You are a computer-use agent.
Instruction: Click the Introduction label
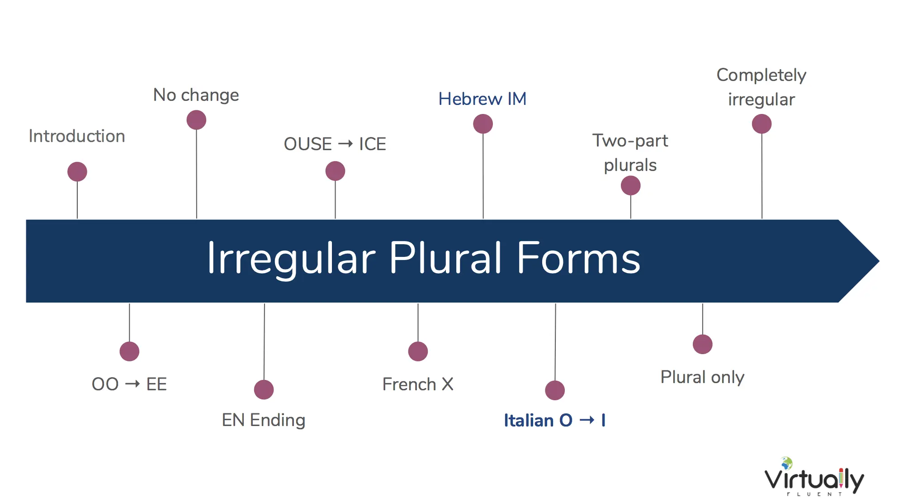pos(77,136)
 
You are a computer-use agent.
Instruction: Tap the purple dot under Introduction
pos(77,172)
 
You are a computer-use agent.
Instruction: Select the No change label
pos(196,95)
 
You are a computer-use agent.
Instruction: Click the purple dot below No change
pos(196,120)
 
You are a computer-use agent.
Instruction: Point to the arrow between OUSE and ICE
pos(345,144)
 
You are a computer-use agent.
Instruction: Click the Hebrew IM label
pos(483,99)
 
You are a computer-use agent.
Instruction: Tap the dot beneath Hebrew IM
pos(483,124)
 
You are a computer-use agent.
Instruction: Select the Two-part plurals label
pos(630,153)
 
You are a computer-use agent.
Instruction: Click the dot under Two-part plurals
pos(631,186)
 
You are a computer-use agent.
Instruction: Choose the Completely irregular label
pos(762,87)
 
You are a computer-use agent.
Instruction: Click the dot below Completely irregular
pos(762,124)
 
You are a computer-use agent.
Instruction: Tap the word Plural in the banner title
pos(445,258)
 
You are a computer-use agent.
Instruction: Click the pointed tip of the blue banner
pos(879,261)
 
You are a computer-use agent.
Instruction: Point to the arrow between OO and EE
pos(132,384)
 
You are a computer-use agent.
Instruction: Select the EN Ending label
pos(264,421)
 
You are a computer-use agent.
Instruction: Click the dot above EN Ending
pos(264,390)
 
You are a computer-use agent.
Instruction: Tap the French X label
pos(418,384)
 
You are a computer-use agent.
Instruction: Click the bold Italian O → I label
pos(555,421)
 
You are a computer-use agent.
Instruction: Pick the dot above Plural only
pos(703,345)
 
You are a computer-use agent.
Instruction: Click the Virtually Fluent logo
pos(814,477)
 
